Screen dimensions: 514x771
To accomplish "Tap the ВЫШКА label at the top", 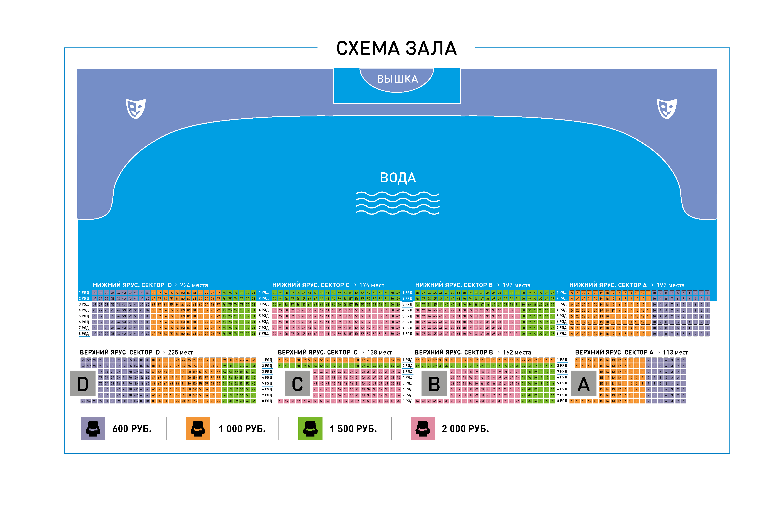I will pos(397,79).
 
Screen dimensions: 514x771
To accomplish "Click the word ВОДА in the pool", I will pos(398,178).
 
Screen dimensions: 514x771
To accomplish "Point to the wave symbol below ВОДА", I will pos(398,203).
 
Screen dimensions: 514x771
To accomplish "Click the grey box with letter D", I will pos(83,383).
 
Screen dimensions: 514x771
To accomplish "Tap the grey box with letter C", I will pos(297,383).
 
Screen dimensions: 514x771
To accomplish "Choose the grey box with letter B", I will pos(434,383).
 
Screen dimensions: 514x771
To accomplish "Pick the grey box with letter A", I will pos(583,383).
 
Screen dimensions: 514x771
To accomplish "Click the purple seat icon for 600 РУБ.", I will pos(93,428).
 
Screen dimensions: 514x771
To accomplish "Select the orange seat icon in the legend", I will pos(198,428).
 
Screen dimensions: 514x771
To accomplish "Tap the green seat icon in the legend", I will pos(310,428).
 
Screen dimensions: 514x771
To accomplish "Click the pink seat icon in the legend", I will pos(423,428).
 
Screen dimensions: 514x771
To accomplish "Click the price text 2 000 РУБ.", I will pos(465,429).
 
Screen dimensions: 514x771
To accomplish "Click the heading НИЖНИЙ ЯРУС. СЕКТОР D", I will pos(132,285).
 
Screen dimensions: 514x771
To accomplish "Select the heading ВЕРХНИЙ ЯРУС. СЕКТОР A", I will pos(614,352).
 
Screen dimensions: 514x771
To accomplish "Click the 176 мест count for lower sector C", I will pos(372,285).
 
